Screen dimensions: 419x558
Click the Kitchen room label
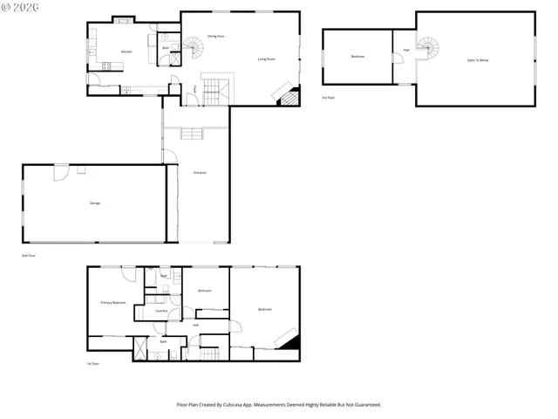[x=126, y=52]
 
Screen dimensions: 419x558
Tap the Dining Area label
[x=215, y=36]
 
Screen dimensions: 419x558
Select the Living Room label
[x=267, y=58]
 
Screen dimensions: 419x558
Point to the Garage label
[x=94, y=203]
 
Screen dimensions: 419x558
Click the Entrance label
[x=200, y=173]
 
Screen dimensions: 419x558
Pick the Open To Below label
[x=477, y=60]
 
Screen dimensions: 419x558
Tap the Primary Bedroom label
[x=113, y=302]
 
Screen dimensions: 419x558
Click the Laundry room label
[x=161, y=310]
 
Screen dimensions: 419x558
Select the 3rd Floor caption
[x=328, y=98]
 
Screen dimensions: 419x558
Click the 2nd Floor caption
[x=28, y=255]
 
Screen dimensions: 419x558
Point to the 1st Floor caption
[x=92, y=363]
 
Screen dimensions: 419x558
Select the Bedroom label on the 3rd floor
[x=357, y=57]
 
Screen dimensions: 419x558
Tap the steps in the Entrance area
[x=192, y=133]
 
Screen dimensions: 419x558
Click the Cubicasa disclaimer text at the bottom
[x=279, y=404]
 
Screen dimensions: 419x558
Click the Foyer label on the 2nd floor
[x=194, y=89]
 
